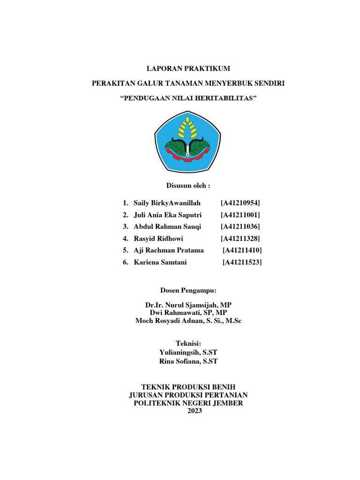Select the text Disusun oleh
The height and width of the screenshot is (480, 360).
pos(188,186)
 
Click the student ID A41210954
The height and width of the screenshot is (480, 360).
pos(240,203)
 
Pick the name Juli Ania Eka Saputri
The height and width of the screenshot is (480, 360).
pos(167,215)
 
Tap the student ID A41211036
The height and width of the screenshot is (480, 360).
pos(240,227)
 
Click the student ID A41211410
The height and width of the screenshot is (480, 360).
pos(242,250)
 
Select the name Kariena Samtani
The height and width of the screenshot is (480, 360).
pos(160,262)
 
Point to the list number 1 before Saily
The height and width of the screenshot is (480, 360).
pos(125,203)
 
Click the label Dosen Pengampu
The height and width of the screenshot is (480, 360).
pos(188,291)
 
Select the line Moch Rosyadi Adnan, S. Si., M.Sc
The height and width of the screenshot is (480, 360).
pos(188,321)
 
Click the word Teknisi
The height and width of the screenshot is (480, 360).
pos(188,344)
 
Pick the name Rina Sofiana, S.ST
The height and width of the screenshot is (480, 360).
pos(188,361)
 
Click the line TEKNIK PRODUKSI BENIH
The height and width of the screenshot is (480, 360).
pos(188,387)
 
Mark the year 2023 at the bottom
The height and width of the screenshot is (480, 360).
pos(188,411)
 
